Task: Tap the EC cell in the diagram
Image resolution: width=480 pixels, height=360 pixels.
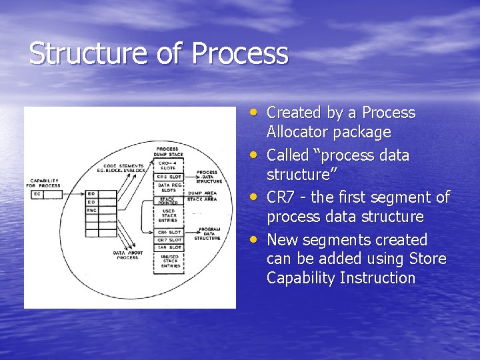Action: pos(37,194)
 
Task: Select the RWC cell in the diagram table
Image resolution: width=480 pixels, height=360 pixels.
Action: pos(91,210)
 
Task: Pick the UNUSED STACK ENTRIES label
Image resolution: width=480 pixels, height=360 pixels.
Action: pos(171,261)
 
